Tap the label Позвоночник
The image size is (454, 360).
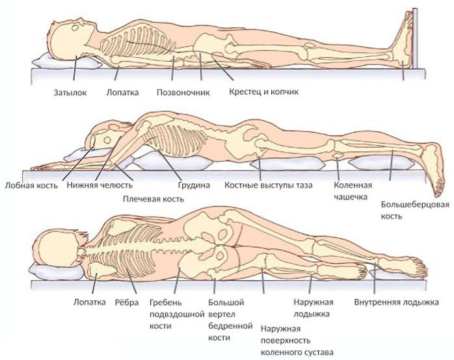(x=183, y=92)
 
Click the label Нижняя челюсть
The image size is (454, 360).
(x=100, y=186)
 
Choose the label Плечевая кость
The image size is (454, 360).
(x=153, y=198)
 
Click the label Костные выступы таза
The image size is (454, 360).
(x=269, y=186)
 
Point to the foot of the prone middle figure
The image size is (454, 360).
(x=431, y=159)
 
